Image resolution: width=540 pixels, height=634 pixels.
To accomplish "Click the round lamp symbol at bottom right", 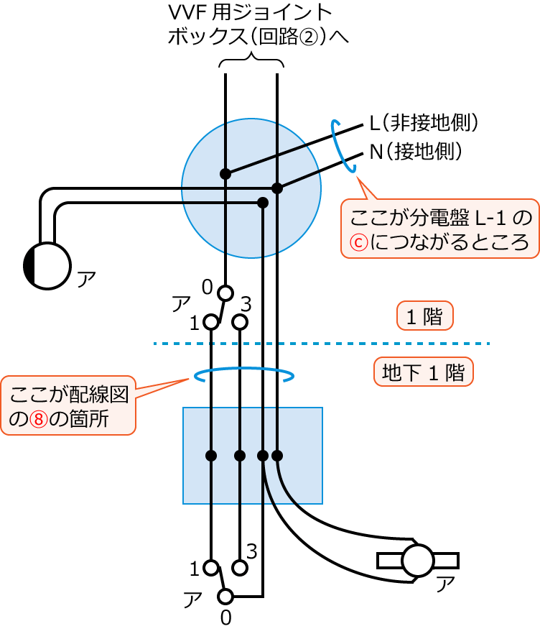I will tap(416, 559).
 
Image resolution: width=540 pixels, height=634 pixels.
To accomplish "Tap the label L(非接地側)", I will tap(424, 123).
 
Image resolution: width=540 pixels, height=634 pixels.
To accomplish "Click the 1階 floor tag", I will tap(424, 316).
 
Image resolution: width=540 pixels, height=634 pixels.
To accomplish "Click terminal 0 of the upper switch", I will tap(225, 293).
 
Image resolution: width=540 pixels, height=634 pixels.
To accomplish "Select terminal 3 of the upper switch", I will tap(241, 322).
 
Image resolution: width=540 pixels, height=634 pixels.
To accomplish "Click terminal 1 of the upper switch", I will tap(211, 322).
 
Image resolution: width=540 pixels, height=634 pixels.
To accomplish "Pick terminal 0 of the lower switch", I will tap(225, 596).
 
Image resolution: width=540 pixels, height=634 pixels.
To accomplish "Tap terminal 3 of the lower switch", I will tap(241, 567).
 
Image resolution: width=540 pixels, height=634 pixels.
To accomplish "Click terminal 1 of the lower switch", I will tap(211, 567).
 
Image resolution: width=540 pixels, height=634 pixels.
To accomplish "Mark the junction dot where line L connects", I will tap(225, 174).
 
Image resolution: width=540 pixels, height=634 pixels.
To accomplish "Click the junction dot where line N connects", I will tap(277, 188).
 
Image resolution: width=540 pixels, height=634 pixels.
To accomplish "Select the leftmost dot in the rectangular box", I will tap(211, 456).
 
